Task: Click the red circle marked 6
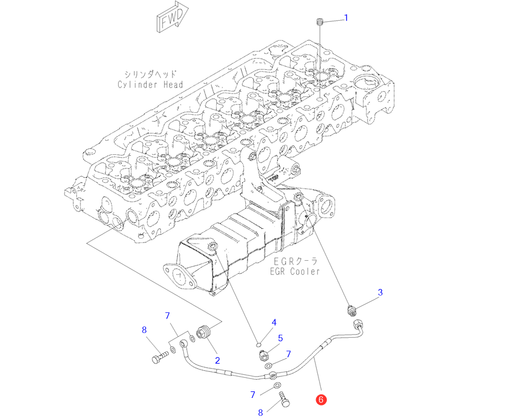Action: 321,400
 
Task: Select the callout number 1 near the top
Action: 346,18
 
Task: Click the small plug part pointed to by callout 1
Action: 319,22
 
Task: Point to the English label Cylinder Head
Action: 150,85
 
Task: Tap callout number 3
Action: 381,292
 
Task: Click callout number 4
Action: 274,322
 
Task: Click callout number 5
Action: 281,338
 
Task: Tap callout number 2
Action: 217,359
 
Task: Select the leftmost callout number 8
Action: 144,330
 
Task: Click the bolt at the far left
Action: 160,358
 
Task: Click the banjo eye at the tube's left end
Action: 184,343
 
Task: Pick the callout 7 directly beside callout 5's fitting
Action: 288,354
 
